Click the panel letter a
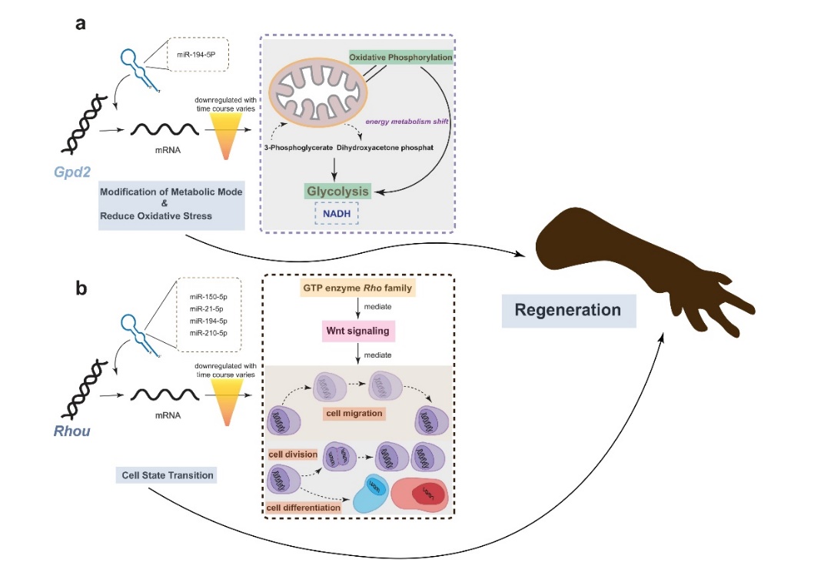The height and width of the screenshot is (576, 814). tap(80, 23)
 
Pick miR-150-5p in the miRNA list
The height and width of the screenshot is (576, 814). tap(208, 296)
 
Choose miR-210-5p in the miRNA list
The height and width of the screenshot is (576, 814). tap(208, 331)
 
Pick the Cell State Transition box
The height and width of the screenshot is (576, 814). tap(165, 475)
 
